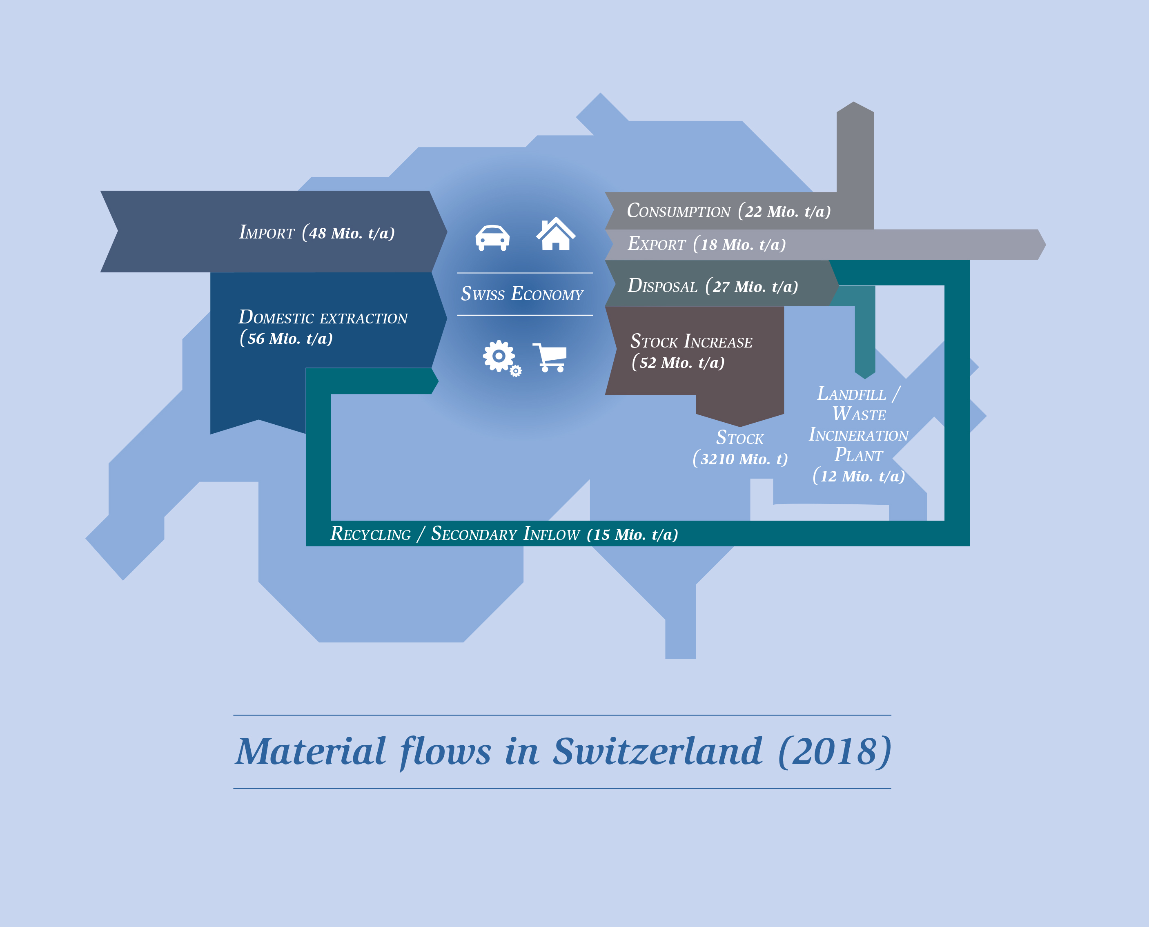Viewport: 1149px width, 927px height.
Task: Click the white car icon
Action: [492, 238]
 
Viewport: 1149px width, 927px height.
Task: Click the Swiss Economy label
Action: [522, 294]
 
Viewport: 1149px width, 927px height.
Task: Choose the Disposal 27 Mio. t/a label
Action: [713, 286]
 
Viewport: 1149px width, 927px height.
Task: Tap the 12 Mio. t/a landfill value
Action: [859, 475]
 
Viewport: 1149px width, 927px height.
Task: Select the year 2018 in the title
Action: [835, 751]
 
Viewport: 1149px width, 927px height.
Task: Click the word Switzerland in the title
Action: [658, 751]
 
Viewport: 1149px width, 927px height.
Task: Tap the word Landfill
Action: [852, 394]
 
